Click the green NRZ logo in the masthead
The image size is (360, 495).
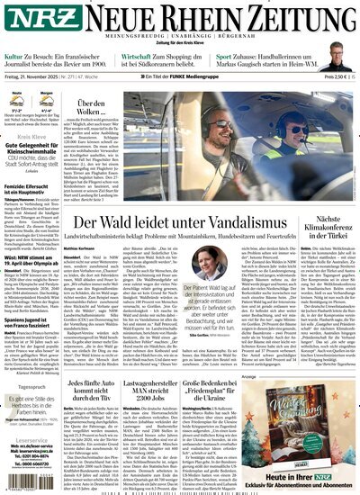click(30, 20)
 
